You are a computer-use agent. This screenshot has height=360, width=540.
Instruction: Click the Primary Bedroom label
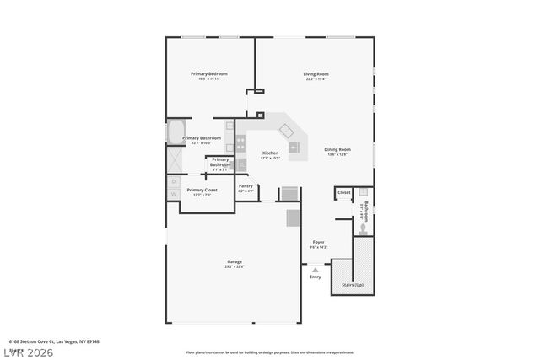(x=208, y=73)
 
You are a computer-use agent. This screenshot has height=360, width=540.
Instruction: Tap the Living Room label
(x=316, y=73)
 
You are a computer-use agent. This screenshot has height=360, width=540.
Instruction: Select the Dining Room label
(x=337, y=149)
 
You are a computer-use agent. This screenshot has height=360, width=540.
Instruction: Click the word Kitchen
(x=270, y=153)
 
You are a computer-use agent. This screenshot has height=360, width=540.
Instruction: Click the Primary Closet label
(x=202, y=190)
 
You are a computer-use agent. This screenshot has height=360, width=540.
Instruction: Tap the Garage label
(x=234, y=261)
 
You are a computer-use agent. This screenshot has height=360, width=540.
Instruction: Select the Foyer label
(x=318, y=242)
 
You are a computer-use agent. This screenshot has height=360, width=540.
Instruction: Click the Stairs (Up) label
(x=354, y=286)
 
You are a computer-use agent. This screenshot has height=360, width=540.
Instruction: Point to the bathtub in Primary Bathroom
(x=175, y=132)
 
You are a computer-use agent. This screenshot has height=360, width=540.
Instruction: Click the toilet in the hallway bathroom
(x=362, y=227)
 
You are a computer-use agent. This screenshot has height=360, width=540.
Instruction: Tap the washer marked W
(x=174, y=194)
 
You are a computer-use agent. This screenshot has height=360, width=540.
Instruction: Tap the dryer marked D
(x=174, y=180)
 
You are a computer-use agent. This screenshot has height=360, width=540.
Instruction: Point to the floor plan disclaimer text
(x=269, y=352)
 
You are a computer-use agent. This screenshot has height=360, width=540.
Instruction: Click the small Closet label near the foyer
(x=343, y=192)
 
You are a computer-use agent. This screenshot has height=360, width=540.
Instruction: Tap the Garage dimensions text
(x=234, y=266)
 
